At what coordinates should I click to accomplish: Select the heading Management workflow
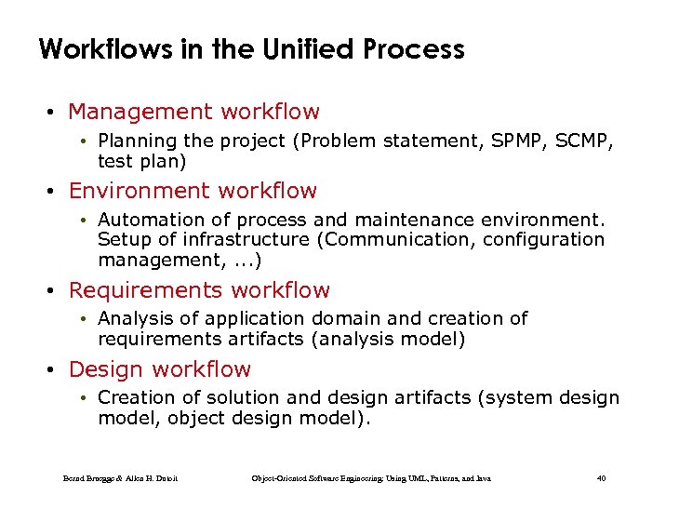point(193,112)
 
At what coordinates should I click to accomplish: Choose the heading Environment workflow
point(193,191)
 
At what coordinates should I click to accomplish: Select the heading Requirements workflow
point(199,290)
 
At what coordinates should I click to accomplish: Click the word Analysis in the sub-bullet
point(134,319)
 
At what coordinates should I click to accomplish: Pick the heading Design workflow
point(159,369)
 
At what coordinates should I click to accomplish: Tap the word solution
point(242,398)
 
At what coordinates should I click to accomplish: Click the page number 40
point(601,478)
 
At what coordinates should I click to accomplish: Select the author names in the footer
point(120,478)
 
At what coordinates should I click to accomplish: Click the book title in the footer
point(371,478)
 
